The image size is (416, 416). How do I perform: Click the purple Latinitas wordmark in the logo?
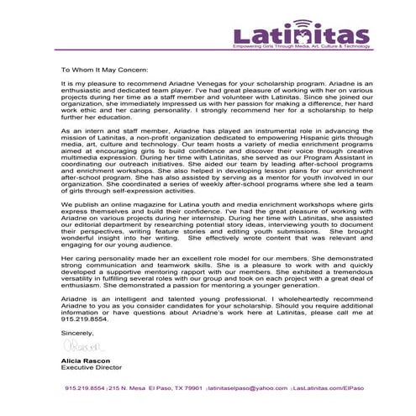(301, 35)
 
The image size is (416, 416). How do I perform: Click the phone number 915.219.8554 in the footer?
(84, 388)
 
